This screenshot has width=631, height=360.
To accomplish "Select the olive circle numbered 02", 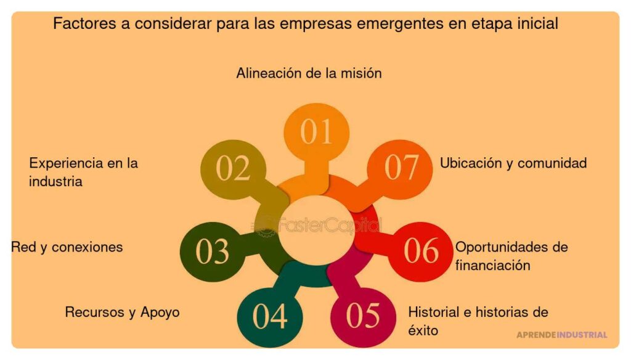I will (x=233, y=169).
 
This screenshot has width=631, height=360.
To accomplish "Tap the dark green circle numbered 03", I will (x=212, y=252).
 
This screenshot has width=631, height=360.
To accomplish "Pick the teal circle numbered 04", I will (x=270, y=317).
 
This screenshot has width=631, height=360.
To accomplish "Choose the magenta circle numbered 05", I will (x=363, y=316).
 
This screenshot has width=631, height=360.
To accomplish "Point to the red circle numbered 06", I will (x=421, y=252).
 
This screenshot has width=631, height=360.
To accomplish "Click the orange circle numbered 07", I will (x=401, y=167).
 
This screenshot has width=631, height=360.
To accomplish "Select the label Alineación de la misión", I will (x=309, y=73).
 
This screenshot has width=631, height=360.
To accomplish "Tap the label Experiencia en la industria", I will (x=83, y=173).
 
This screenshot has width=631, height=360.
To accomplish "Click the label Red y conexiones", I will (x=67, y=247).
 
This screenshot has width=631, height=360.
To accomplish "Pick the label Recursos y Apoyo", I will (x=122, y=312).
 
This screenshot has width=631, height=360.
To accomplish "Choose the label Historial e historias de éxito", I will (x=478, y=321).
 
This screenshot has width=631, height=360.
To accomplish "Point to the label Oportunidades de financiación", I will (x=511, y=256).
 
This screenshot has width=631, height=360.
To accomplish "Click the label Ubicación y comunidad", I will (x=513, y=163).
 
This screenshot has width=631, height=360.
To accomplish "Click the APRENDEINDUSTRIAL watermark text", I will (x=561, y=335).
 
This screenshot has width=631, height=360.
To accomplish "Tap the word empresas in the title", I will (x=311, y=24).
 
